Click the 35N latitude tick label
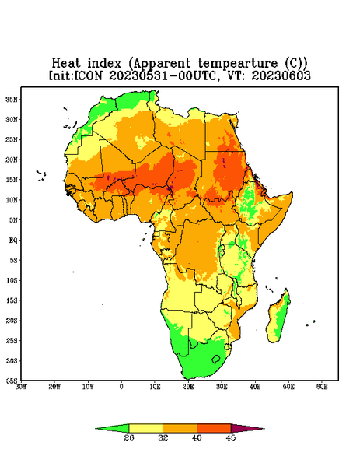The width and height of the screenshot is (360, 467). [12, 99]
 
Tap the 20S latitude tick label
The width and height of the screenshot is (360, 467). [12, 321]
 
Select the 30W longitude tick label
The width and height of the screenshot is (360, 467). [21, 387]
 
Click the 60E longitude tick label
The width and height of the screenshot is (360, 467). [322, 387]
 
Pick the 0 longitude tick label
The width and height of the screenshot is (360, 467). [121, 387]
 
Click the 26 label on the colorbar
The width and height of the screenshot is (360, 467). [129, 437]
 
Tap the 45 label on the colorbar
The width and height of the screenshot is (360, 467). [231, 437]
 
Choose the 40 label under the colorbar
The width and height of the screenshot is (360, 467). [197, 437]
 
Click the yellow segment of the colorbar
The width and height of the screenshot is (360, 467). [145, 428]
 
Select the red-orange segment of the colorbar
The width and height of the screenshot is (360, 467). [214, 428]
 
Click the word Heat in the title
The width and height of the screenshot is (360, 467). [66, 64]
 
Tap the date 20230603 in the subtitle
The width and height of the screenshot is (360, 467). [281, 75]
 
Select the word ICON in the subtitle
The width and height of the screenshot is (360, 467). [88, 75]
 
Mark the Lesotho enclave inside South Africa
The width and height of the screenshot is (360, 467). [216, 359]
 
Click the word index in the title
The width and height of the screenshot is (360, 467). [105, 64]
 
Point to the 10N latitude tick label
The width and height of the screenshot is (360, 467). [12, 200]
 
